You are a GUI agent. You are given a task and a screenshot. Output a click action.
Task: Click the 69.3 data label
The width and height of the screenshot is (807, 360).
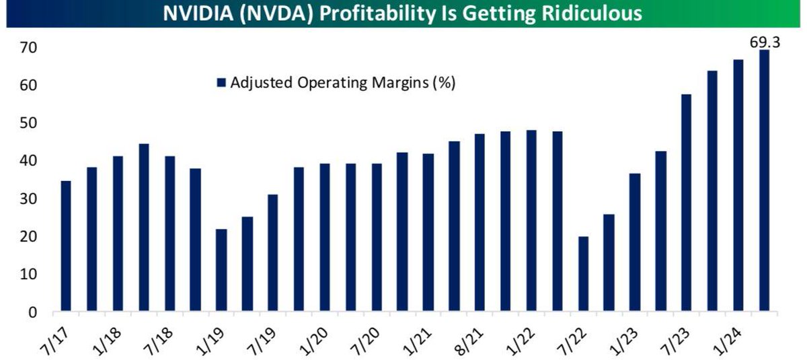click(765, 43)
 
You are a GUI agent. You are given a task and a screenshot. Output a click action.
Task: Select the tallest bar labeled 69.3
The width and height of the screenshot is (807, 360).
click(765, 182)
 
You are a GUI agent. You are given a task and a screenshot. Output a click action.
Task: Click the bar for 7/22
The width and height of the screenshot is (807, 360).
click(584, 275)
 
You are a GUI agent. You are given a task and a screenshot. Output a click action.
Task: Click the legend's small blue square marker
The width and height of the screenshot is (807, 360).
click(221, 83)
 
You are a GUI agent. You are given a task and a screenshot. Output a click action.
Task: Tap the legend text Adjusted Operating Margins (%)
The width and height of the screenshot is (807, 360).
click(343, 83)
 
